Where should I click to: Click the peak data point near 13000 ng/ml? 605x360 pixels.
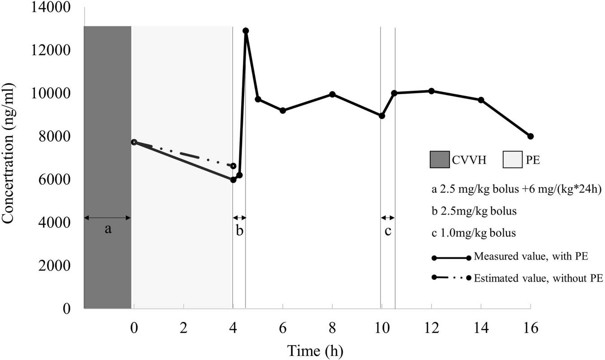coord(246,31)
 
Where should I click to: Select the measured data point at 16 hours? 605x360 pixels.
coord(531,136)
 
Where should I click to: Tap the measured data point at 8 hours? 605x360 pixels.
coord(333,94)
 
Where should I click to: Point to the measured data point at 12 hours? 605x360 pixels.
coord(432,91)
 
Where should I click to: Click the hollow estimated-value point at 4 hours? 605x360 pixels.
coord(233,166)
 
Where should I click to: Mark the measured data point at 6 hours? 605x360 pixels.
coord(283,110)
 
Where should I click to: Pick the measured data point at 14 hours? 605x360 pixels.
coord(481,100)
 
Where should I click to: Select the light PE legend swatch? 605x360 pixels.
coord(512,160)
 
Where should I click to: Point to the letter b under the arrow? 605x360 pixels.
coord(240,231)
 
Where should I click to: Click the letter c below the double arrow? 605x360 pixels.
coord(388,231)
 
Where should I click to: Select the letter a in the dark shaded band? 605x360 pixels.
coord(108,230)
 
